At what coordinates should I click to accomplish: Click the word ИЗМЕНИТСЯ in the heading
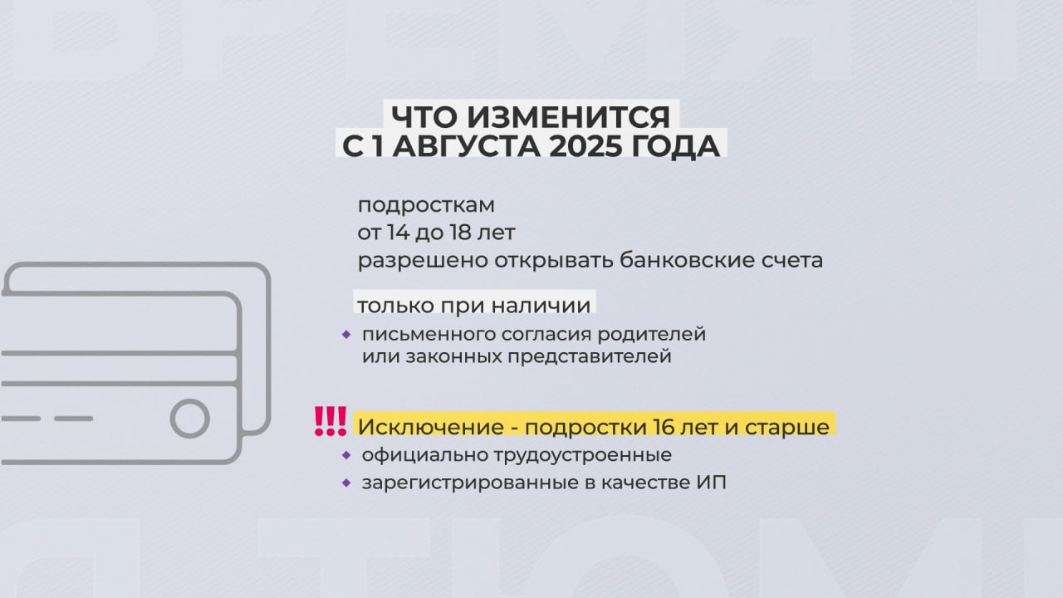pyautogui.click(x=569, y=117)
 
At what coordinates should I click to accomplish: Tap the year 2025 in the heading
pyautogui.click(x=585, y=146)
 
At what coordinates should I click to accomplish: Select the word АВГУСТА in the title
pyautogui.click(x=466, y=146)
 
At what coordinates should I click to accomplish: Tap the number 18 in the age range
pyautogui.click(x=460, y=233)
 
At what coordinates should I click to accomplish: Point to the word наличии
pyautogui.click(x=541, y=305)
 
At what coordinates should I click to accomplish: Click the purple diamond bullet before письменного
pyautogui.click(x=346, y=335)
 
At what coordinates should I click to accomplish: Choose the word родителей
pyautogui.click(x=652, y=335)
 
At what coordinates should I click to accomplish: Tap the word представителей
pyautogui.click(x=590, y=357)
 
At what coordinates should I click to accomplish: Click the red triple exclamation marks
pyautogui.click(x=331, y=421)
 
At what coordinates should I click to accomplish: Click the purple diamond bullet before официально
pyautogui.click(x=346, y=455)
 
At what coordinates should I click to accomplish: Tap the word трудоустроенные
pyautogui.click(x=583, y=456)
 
